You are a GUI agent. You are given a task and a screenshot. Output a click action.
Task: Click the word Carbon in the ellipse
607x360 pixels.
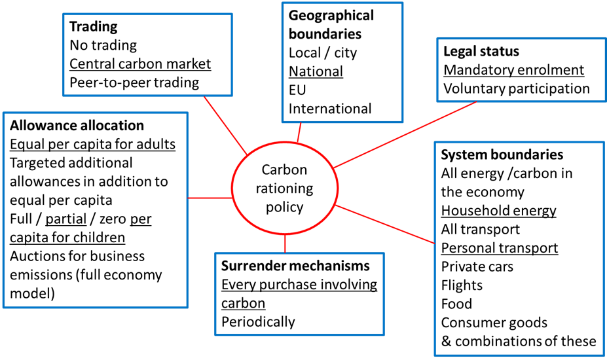284,170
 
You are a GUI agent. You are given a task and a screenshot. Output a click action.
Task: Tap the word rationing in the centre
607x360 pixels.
284,189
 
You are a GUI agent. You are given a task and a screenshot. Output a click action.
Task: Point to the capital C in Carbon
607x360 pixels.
266,170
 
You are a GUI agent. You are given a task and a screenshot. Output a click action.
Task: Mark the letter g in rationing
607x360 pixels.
309,190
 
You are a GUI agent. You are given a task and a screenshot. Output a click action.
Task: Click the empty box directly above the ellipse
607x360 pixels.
342,62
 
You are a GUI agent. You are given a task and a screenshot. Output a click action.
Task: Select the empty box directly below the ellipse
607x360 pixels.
299,294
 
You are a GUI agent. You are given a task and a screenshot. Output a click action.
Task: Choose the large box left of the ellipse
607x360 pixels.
95,209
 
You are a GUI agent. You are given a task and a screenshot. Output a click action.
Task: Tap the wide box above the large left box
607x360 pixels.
147,54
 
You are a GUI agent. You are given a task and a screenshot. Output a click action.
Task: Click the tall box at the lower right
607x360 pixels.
519,249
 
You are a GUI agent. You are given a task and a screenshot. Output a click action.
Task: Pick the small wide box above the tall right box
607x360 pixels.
521,69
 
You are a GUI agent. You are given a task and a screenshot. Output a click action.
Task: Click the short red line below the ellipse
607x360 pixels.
285,243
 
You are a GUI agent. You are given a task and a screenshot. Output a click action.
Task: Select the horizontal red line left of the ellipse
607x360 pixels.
210,197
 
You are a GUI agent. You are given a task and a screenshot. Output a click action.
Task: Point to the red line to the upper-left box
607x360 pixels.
225,124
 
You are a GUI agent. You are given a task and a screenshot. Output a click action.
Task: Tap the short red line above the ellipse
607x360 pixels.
299,132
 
